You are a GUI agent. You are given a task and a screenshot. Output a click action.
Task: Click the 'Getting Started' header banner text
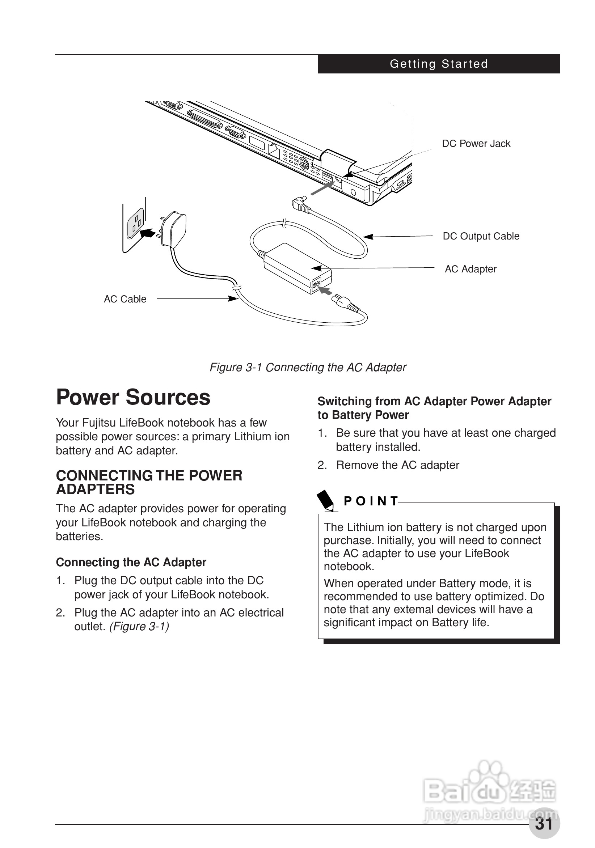pyautogui.click(x=439, y=64)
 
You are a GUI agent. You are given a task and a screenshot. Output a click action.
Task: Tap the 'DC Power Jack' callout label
pyautogui.click(x=476, y=144)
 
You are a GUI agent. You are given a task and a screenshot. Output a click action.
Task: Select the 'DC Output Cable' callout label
pyautogui.click(x=481, y=236)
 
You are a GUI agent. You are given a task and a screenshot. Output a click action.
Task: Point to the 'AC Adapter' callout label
pyautogui.click(x=470, y=269)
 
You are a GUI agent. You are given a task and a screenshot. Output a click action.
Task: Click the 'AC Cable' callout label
pyautogui.click(x=125, y=299)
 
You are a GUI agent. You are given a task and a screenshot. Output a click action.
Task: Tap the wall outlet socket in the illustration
pyautogui.click(x=135, y=224)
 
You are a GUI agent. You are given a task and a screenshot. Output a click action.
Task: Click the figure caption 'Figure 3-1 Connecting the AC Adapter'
pyautogui.click(x=308, y=368)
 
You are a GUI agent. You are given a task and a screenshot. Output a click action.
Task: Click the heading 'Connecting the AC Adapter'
pyautogui.click(x=131, y=562)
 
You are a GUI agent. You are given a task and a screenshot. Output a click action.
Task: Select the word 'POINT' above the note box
pyautogui.click(x=370, y=501)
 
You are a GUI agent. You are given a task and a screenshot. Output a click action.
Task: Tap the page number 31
pyautogui.click(x=544, y=823)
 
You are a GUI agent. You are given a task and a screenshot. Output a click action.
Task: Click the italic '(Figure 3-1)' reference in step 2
pyautogui.click(x=139, y=627)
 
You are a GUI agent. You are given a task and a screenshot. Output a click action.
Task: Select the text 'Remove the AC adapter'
pyautogui.click(x=397, y=465)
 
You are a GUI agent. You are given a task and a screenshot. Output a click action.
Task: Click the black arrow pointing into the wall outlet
pyautogui.click(x=148, y=233)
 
